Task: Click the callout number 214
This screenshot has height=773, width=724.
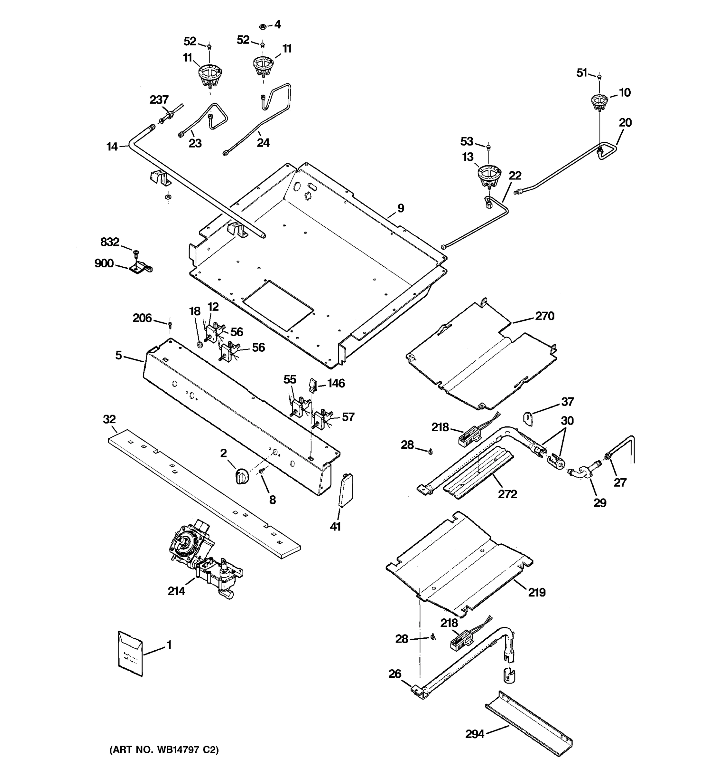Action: [176, 591]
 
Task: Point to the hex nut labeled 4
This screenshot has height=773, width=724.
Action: [262, 26]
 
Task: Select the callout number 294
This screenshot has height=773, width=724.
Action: [475, 734]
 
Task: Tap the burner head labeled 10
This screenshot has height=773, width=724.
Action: [599, 102]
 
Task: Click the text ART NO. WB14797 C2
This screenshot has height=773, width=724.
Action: [164, 749]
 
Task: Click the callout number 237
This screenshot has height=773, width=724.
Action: [159, 100]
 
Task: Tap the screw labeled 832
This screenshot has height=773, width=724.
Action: [136, 253]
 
